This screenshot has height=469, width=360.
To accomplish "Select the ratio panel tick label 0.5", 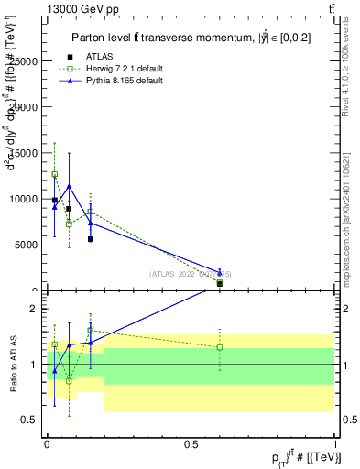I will point(30,420).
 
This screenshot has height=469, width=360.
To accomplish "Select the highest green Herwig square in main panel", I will point(54,174).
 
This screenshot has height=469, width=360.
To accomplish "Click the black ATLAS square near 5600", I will point(90,239).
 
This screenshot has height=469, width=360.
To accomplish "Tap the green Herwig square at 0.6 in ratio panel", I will point(219,347).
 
